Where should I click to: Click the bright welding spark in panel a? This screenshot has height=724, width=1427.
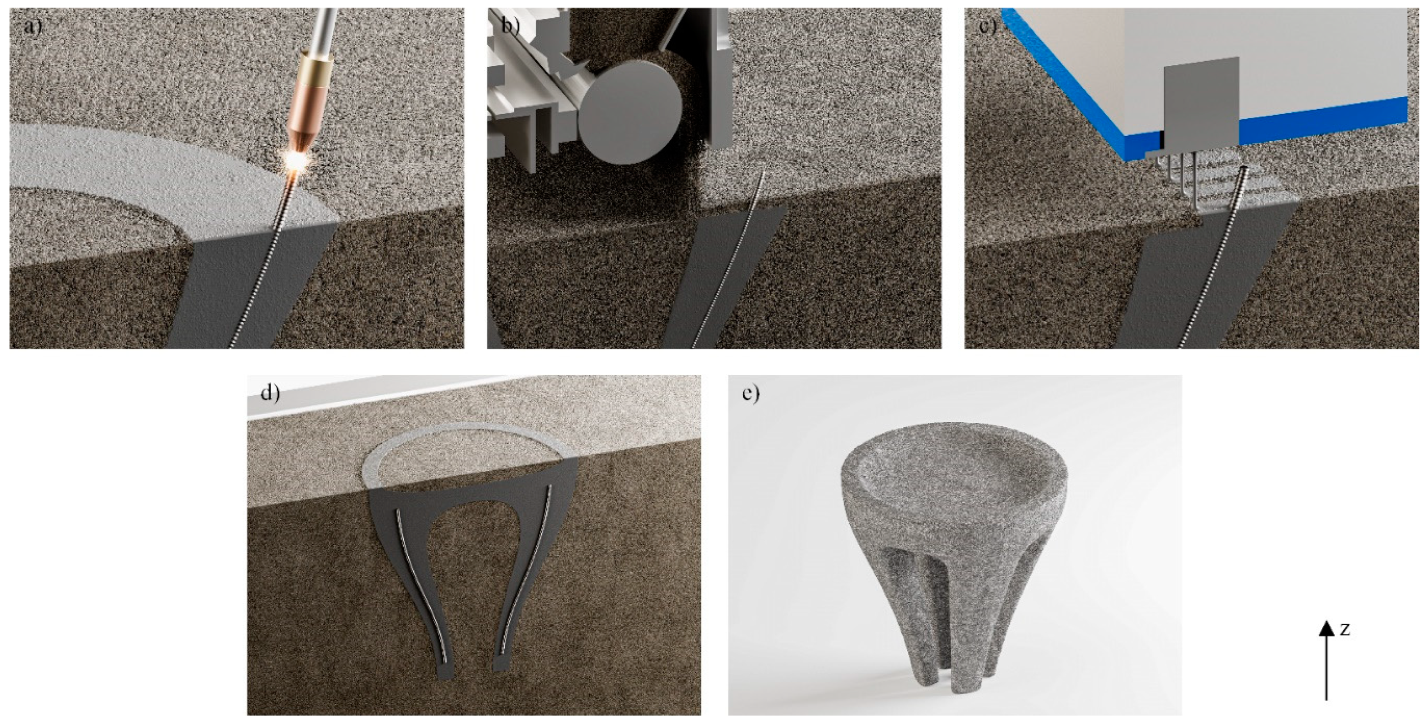click(297, 161)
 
